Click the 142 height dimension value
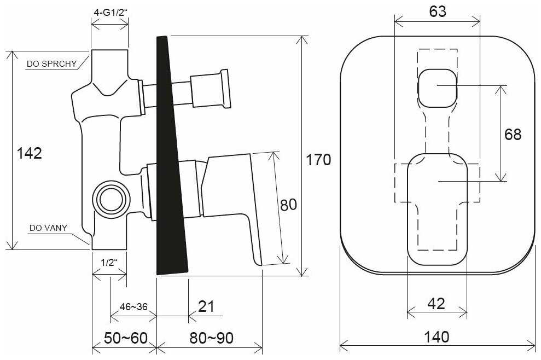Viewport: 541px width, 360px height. tap(30, 153)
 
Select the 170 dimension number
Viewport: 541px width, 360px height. tap(318, 160)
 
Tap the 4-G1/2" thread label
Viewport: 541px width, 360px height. tap(110, 13)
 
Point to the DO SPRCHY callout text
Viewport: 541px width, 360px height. tap(52, 64)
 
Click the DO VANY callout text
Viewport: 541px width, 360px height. tap(48, 228)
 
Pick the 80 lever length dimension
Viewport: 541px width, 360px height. tap(288, 205)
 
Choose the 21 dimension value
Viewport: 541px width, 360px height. tap(206, 306)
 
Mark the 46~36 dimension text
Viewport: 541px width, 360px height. tap(133, 306)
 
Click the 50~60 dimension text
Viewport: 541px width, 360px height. tap(126, 338)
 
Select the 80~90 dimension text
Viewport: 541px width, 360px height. tap(211, 338)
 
